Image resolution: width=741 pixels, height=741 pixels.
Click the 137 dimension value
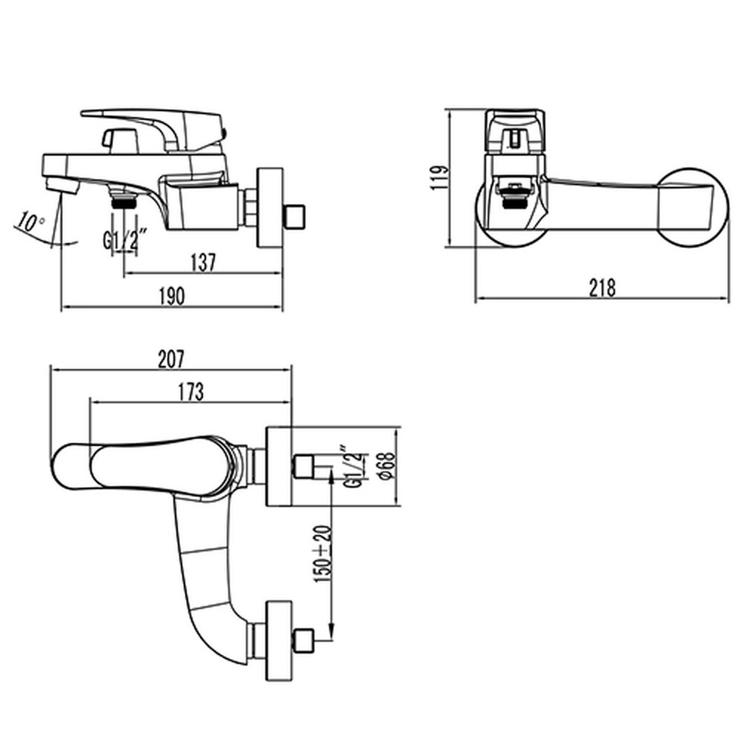[202, 262]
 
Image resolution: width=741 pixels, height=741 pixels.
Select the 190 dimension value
[172, 296]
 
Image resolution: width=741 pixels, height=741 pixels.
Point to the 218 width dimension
[602, 288]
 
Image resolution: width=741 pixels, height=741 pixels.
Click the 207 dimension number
[170, 358]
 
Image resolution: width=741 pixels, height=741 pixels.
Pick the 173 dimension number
[190, 392]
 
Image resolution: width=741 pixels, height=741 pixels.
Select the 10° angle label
[30, 222]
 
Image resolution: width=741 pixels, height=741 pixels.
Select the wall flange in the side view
[268, 207]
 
